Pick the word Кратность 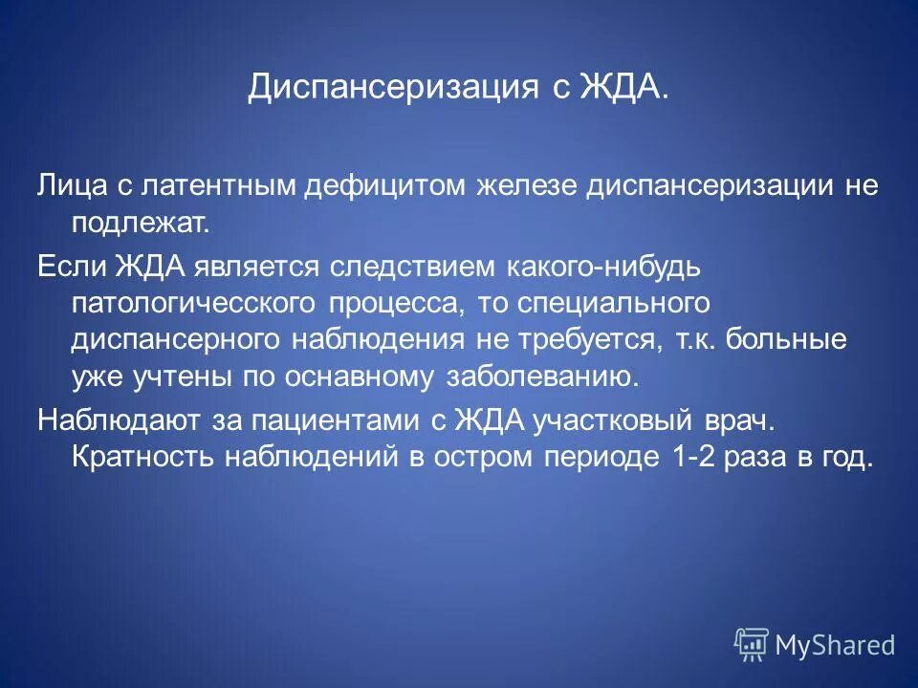pyautogui.click(x=142, y=456)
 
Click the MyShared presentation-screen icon pyautogui.click(x=752, y=644)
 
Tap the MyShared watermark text pyautogui.click(x=835, y=645)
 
